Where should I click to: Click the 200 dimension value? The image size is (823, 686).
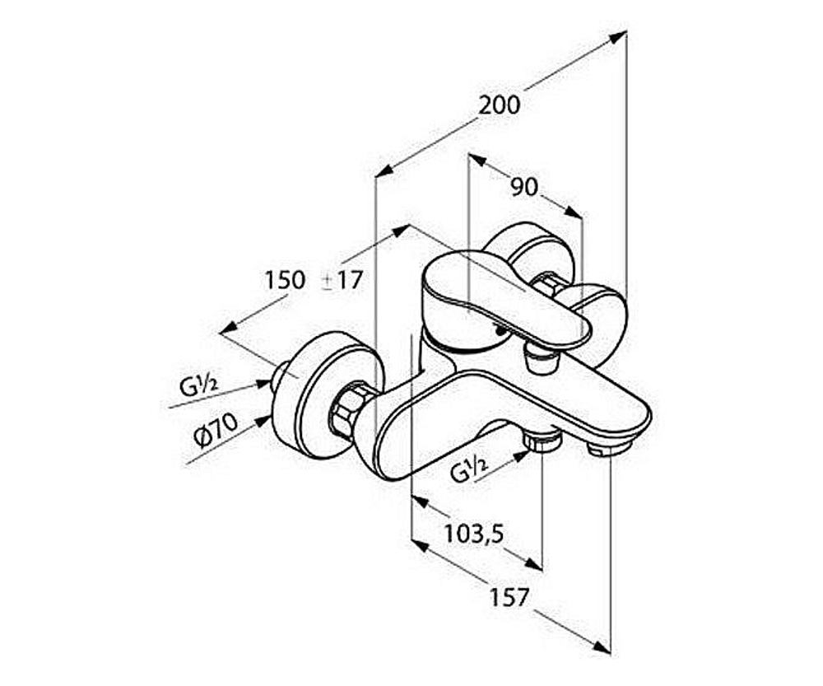(x=500, y=105)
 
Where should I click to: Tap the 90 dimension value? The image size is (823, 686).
(x=525, y=188)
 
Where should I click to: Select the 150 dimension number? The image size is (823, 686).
(x=285, y=280)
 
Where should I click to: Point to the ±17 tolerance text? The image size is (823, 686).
(x=342, y=281)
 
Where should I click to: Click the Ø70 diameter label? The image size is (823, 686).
(x=216, y=430)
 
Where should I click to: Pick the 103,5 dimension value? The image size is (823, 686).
(x=474, y=534)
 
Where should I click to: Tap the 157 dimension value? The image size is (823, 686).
(x=509, y=598)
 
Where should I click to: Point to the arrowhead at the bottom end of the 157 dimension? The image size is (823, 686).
(x=602, y=646)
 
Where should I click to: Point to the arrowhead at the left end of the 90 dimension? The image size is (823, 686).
(x=477, y=161)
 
